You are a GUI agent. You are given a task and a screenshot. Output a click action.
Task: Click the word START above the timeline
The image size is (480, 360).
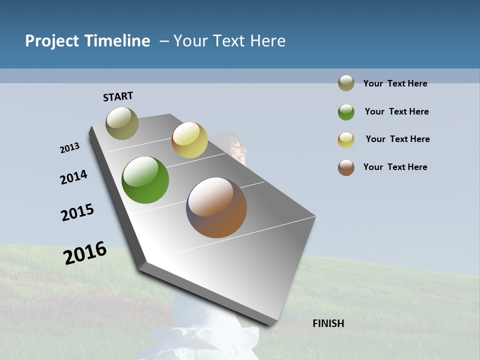(x=118, y=96)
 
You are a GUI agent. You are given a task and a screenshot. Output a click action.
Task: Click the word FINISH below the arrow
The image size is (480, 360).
(x=328, y=323)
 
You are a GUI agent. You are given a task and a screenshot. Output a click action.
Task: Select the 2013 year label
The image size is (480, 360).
(x=69, y=148)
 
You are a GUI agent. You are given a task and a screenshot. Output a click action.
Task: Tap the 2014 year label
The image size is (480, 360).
(x=73, y=177)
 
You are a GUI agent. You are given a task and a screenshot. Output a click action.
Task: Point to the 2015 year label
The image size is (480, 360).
(x=77, y=212)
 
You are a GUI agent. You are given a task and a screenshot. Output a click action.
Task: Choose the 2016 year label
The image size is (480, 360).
(x=85, y=253)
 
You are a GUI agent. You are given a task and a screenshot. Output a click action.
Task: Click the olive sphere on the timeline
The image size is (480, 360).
(x=122, y=123)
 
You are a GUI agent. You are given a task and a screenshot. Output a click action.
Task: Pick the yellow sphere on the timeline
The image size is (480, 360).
(x=189, y=140)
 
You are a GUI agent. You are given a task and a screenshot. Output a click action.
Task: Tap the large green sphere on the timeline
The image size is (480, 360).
(x=145, y=180)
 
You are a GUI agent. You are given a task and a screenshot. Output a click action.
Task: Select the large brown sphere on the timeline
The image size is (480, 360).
(x=217, y=207)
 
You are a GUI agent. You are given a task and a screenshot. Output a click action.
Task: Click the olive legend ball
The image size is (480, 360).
(x=346, y=83)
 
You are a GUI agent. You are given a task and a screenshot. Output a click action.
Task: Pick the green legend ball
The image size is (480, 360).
(x=346, y=112)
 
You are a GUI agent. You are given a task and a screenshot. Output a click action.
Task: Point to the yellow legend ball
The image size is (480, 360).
(x=346, y=140)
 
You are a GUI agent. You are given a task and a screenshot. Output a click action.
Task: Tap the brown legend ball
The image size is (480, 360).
(x=346, y=167)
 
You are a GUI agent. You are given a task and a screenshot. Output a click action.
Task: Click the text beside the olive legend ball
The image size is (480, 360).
(x=395, y=83)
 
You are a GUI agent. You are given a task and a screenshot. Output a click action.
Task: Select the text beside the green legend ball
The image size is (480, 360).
(x=396, y=111)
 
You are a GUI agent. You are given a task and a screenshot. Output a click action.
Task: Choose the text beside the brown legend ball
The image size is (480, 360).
(x=395, y=167)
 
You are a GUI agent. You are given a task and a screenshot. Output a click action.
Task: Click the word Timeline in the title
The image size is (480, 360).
(x=117, y=41)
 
